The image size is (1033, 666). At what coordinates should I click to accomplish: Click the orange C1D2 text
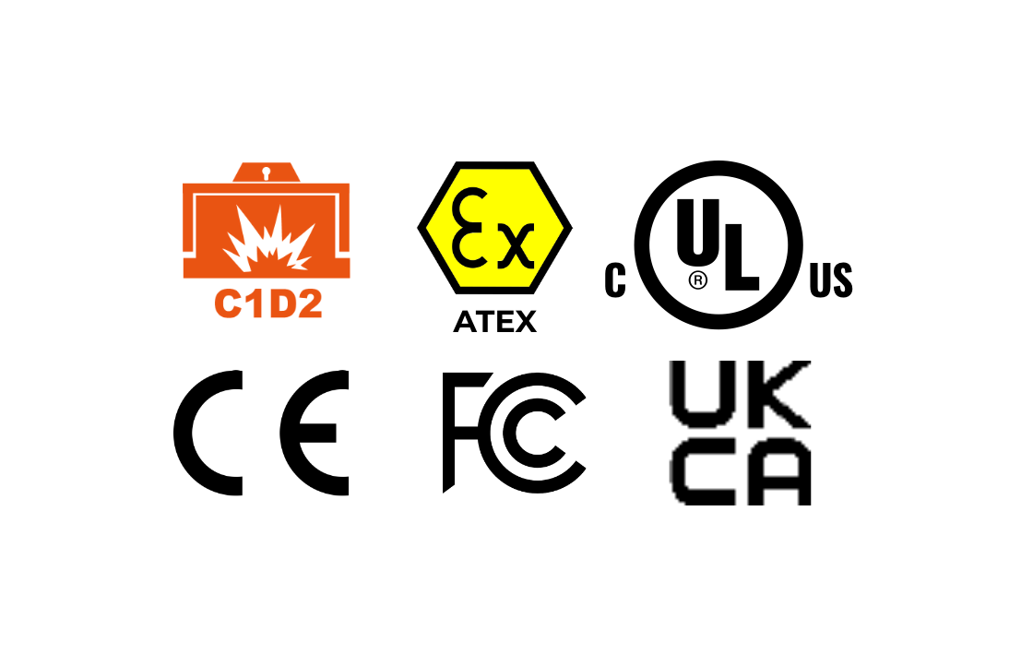(268, 303)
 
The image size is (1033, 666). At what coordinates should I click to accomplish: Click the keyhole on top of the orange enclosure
(267, 173)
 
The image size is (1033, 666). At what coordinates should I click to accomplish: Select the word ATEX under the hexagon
(494, 322)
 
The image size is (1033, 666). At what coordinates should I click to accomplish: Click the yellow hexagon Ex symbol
(494, 227)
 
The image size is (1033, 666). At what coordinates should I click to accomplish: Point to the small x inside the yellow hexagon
(516, 245)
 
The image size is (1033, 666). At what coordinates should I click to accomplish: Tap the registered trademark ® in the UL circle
(697, 280)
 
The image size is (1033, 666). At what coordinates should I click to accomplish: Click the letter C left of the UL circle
(614, 280)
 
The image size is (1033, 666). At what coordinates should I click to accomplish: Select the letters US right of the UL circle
(831, 280)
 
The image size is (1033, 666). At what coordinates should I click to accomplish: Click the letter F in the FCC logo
(452, 432)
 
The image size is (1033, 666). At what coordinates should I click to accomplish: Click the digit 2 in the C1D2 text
(308, 303)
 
